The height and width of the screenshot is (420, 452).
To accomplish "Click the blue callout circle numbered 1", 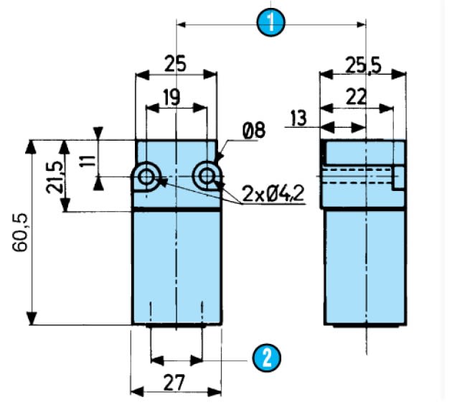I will click(271, 22).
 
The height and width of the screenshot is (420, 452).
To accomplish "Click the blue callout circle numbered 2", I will click(267, 357).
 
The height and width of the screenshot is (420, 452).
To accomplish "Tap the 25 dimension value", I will click(175, 64).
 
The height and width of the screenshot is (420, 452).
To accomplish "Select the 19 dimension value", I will click(171, 98).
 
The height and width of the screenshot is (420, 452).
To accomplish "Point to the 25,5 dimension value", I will click(363, 65).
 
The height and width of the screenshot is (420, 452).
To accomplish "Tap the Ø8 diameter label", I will click(253, 131).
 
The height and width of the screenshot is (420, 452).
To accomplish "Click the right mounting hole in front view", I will click(207, 175).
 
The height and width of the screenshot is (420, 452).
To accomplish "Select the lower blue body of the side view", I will click(364, 266).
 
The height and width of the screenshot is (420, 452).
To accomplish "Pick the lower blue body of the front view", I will click(176, 266).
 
